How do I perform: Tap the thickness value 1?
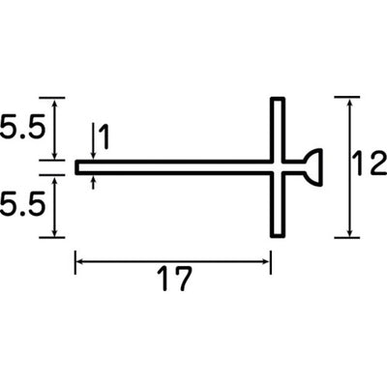click(104, 139)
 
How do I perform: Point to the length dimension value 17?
click(173, 282)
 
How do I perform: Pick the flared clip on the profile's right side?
click(309, 166)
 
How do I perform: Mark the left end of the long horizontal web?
click(77, 166)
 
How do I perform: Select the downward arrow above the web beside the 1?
click(92, 153)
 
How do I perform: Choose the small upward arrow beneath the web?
click(92, 181)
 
